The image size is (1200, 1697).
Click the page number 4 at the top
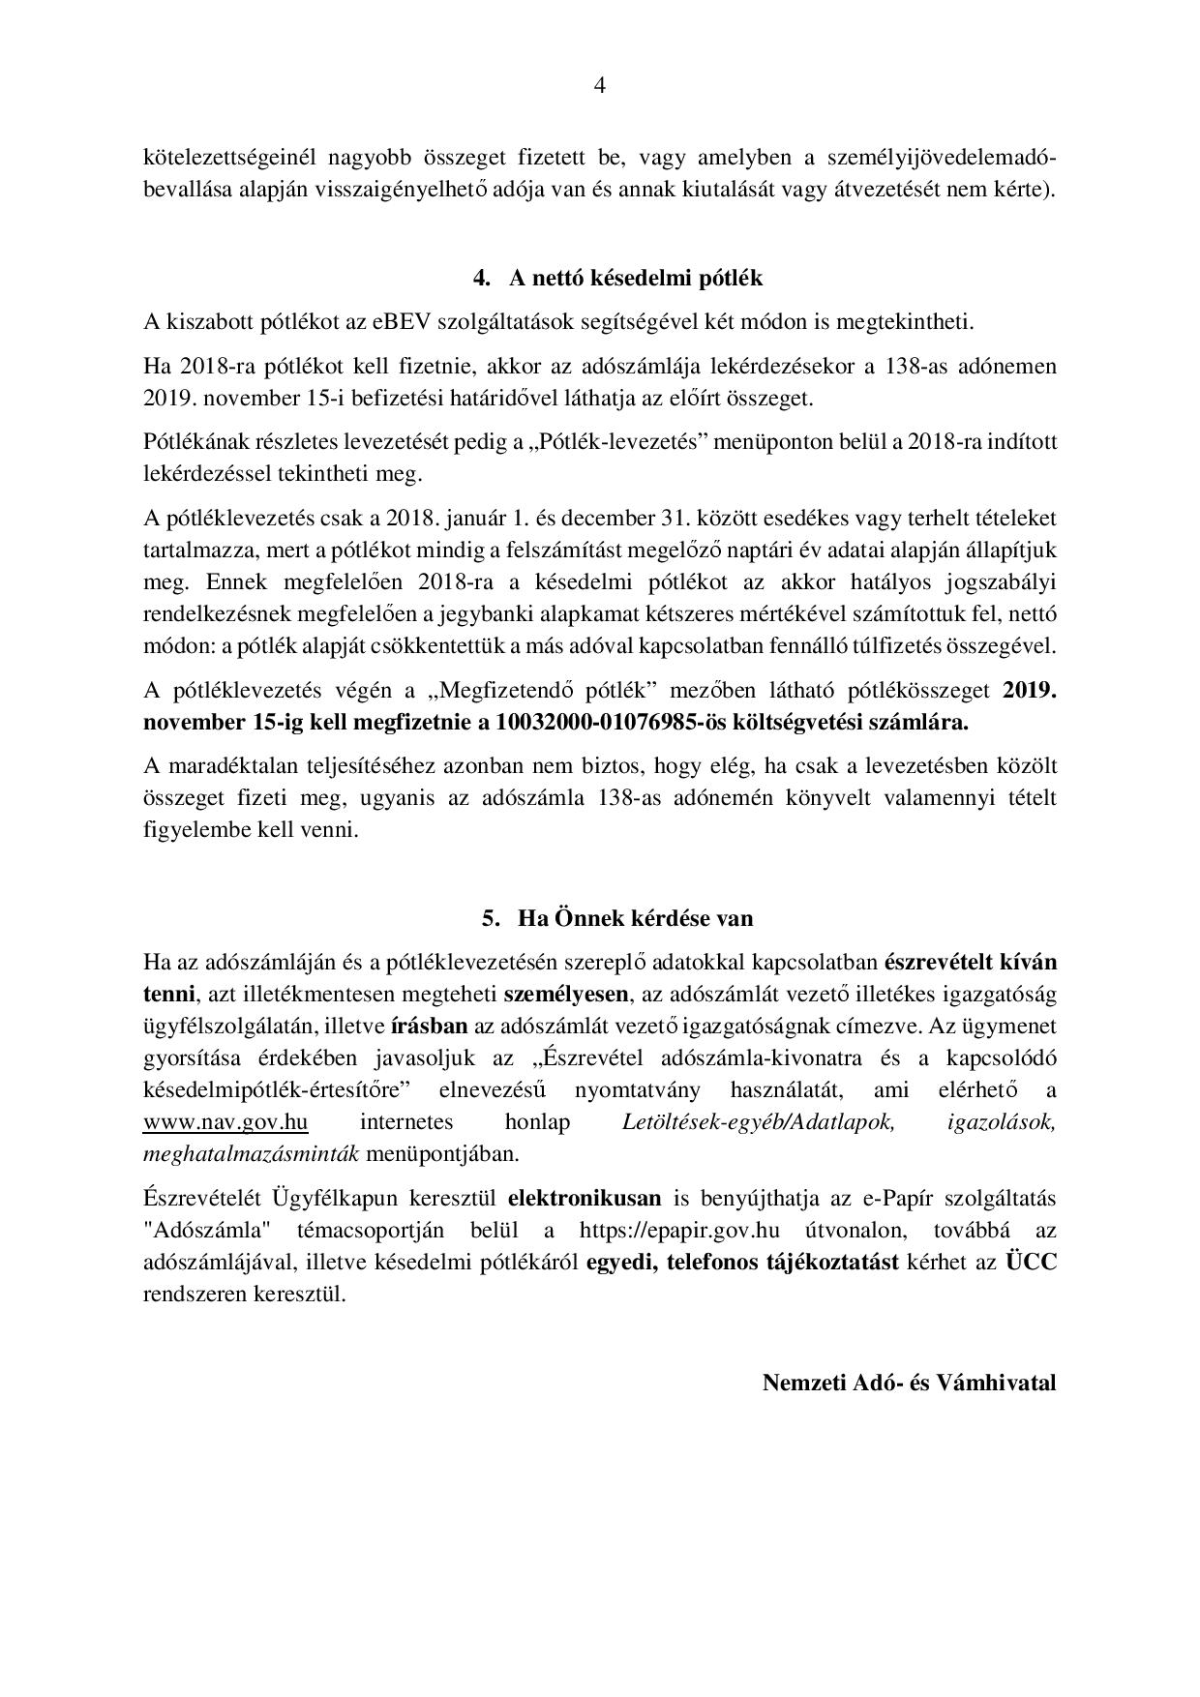[x=599, y=86]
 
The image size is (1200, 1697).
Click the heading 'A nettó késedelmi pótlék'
[x=636, y=279]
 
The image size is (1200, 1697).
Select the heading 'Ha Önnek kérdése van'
[x=635, y=917]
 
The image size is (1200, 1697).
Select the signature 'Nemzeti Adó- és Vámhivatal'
[x=909, y=1382]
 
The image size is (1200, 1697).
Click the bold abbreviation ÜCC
[x=1031, y=1263]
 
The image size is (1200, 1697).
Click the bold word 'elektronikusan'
[x=585, y=1199]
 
